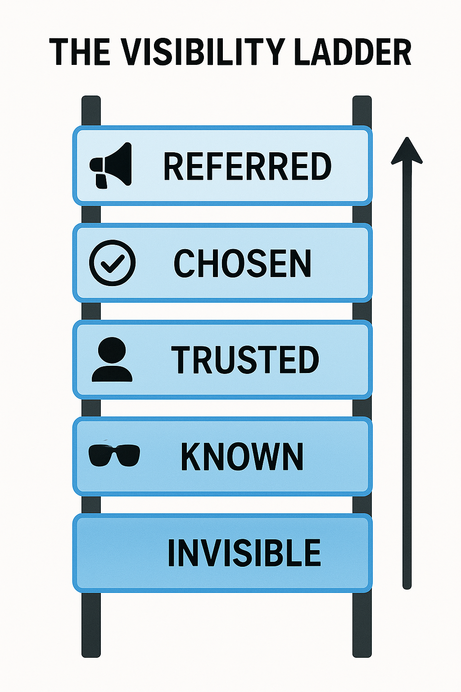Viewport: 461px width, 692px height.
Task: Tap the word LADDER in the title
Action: (x=353, y=52)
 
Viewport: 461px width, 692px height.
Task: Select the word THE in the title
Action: (x=79, y=52)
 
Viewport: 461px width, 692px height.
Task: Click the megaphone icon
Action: (x=111, y=165)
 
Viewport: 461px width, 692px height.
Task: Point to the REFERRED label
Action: (x=247, y=166)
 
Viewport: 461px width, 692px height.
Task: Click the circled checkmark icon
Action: (x=112, y=263)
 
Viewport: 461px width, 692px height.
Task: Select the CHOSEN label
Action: (x=242, y=263)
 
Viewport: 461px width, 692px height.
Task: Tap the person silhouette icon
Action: (x=112, y=359)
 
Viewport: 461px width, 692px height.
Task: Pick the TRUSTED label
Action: (x=245, y=360)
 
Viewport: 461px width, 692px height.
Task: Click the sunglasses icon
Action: (x=114, y=455)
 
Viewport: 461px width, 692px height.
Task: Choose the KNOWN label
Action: (x=242, y=456)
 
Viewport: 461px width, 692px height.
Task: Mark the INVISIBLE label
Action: (x=244, y=553)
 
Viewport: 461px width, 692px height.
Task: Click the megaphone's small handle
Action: (x=101, y=181)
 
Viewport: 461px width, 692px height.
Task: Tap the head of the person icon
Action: (x=112, y=350)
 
